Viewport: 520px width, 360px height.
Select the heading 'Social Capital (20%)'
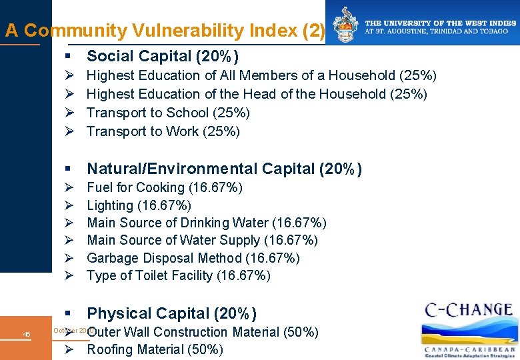pyautogui.click(x=163, y=56)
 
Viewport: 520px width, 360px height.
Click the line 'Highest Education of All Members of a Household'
pyautogui.click(x=261, y=75)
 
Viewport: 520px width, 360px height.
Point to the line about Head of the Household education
pyautogui.click(x=257, y=94)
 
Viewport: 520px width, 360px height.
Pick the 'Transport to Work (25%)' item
pyautogui.click(x=163, y=131)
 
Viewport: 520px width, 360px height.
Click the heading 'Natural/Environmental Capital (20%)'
pyautogui.click(x=224, y=169)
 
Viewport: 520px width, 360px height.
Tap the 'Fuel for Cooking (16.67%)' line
pyautogui.click(x=165, y=187)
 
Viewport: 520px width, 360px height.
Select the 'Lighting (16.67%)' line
pyautogui.click(x=139, y=205)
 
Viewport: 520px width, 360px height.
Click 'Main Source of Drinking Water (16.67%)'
pyautogui.click(x=207, y=223)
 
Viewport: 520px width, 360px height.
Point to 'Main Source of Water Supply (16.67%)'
pyautogui.click(x=202, y=240)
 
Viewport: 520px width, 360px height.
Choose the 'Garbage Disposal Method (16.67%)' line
pyautogui.click(x=193, y=258)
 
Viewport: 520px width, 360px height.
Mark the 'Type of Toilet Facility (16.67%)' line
pyautogui.click(x=179, y=275)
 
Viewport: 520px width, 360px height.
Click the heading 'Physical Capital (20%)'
pyautogui.click(x=171, y=313)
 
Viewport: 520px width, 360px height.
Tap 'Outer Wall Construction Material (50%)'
pyautogui.click(x=203, y=332)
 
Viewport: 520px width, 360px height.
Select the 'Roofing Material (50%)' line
pyautogui.click(x=155, y=349)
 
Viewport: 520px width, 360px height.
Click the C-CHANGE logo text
pyautogui.click(x=468, y=311)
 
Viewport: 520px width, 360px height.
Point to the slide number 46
pyautogui.click(x=27, y=334)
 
